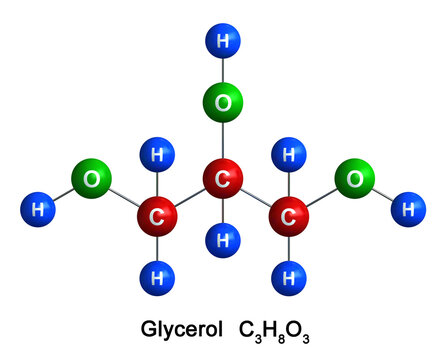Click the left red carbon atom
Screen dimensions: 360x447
click(157, 215)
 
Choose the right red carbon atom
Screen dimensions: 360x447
click(288, 215)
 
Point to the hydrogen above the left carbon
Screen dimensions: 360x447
click(157, 155)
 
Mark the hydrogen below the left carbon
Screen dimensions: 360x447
click(157, 272)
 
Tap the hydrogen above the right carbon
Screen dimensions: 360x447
click(288, 155)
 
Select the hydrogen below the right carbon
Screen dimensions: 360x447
click(288, 272)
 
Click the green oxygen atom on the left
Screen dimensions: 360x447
click(91, 180)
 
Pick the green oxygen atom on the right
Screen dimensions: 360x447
click(355, 179)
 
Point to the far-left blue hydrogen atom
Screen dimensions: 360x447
click(38, 209)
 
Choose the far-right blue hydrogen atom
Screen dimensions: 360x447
click(407, 209)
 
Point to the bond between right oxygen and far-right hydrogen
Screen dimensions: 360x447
click(382, 195)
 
